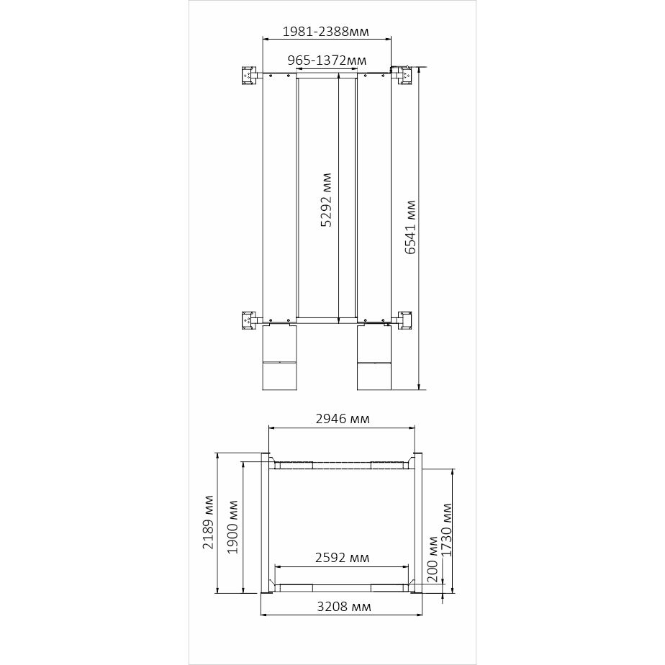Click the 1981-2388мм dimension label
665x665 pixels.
click(x=326, y=32)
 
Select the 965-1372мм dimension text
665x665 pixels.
click(x=327, y=60)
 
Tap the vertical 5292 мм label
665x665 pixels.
click(x=326, y=200)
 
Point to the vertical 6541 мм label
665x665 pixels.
click(x=410, y=227)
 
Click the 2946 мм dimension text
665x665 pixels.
click(x=343, y=419)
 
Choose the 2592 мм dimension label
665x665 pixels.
click(x=343, y=558)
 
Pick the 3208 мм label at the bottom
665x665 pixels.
click(x=344, y=607)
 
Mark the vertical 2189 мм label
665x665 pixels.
click(x=208, y=522)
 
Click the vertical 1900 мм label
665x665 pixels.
click(x=233, y=527)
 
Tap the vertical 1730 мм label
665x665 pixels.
click(x=447, y=530)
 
